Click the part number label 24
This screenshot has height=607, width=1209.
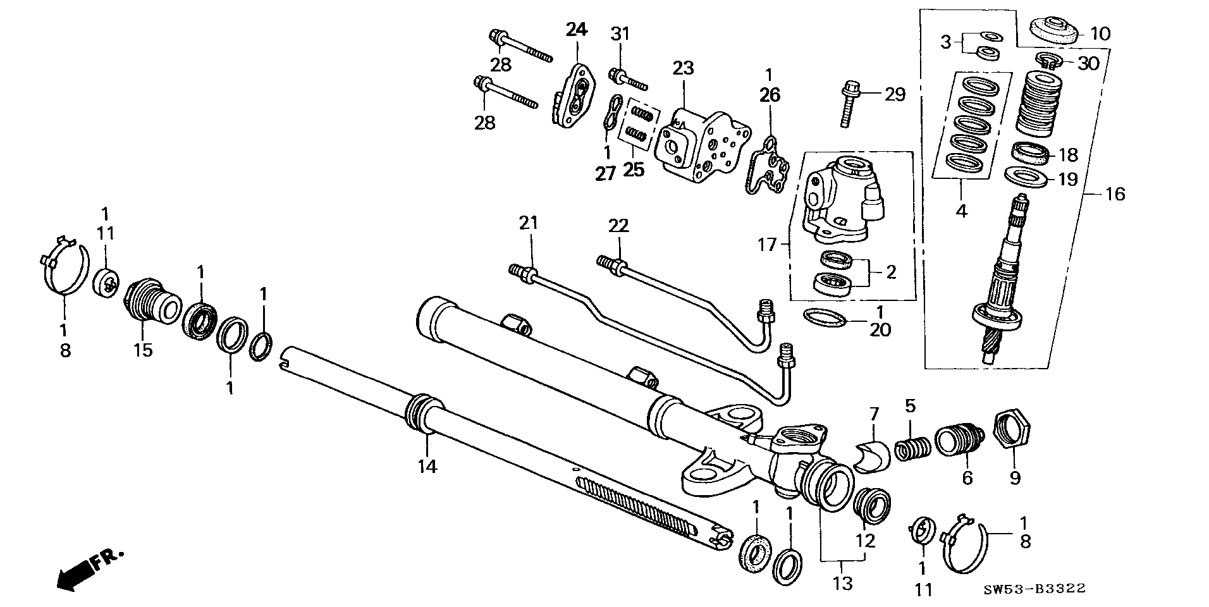[x=576, y=30]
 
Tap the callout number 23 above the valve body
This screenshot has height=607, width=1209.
[x=683, y=68]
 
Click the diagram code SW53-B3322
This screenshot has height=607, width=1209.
[x=1034, y=589]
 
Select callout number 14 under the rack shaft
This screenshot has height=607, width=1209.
[x=427, y=467]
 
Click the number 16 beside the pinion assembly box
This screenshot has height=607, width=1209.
[x=1115, y=193]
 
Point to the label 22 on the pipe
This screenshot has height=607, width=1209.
[x=618, y=225]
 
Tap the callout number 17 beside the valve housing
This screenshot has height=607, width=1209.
[x=767, y=244]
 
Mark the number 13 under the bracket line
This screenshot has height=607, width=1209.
[x=842, y=582]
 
